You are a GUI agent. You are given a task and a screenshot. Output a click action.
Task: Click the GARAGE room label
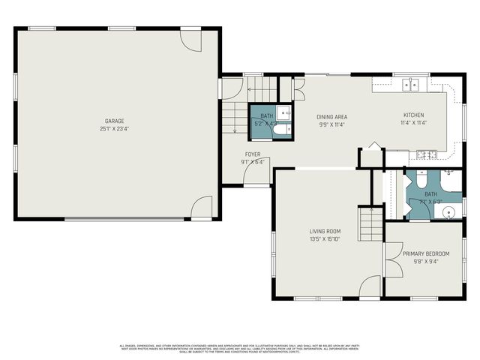(x=114, y=121)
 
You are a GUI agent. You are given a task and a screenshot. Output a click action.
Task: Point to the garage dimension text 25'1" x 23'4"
(x=114, y=128)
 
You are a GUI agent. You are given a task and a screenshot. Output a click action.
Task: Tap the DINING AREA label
(x=331, y=116)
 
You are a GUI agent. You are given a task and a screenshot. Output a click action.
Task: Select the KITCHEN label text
(x=413, y=115)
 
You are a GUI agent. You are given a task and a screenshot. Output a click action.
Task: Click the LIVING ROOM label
(x=325, y=231)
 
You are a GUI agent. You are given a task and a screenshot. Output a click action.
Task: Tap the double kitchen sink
(x=410, y=85)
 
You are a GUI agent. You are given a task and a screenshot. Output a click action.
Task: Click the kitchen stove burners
(x=427, y=154)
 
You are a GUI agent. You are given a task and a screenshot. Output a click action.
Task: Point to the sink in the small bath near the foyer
(x=283, y=112)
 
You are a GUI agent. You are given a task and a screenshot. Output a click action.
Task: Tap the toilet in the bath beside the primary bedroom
(x=421, y=180)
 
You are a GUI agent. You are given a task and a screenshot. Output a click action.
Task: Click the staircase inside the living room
(x=370, y=223)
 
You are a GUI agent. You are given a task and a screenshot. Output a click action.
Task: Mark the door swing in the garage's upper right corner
(x=190, y=40)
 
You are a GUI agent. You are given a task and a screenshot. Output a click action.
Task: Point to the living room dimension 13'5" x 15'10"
(x=325, y=239)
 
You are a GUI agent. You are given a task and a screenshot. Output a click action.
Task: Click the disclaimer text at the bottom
(x=240, y=347)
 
